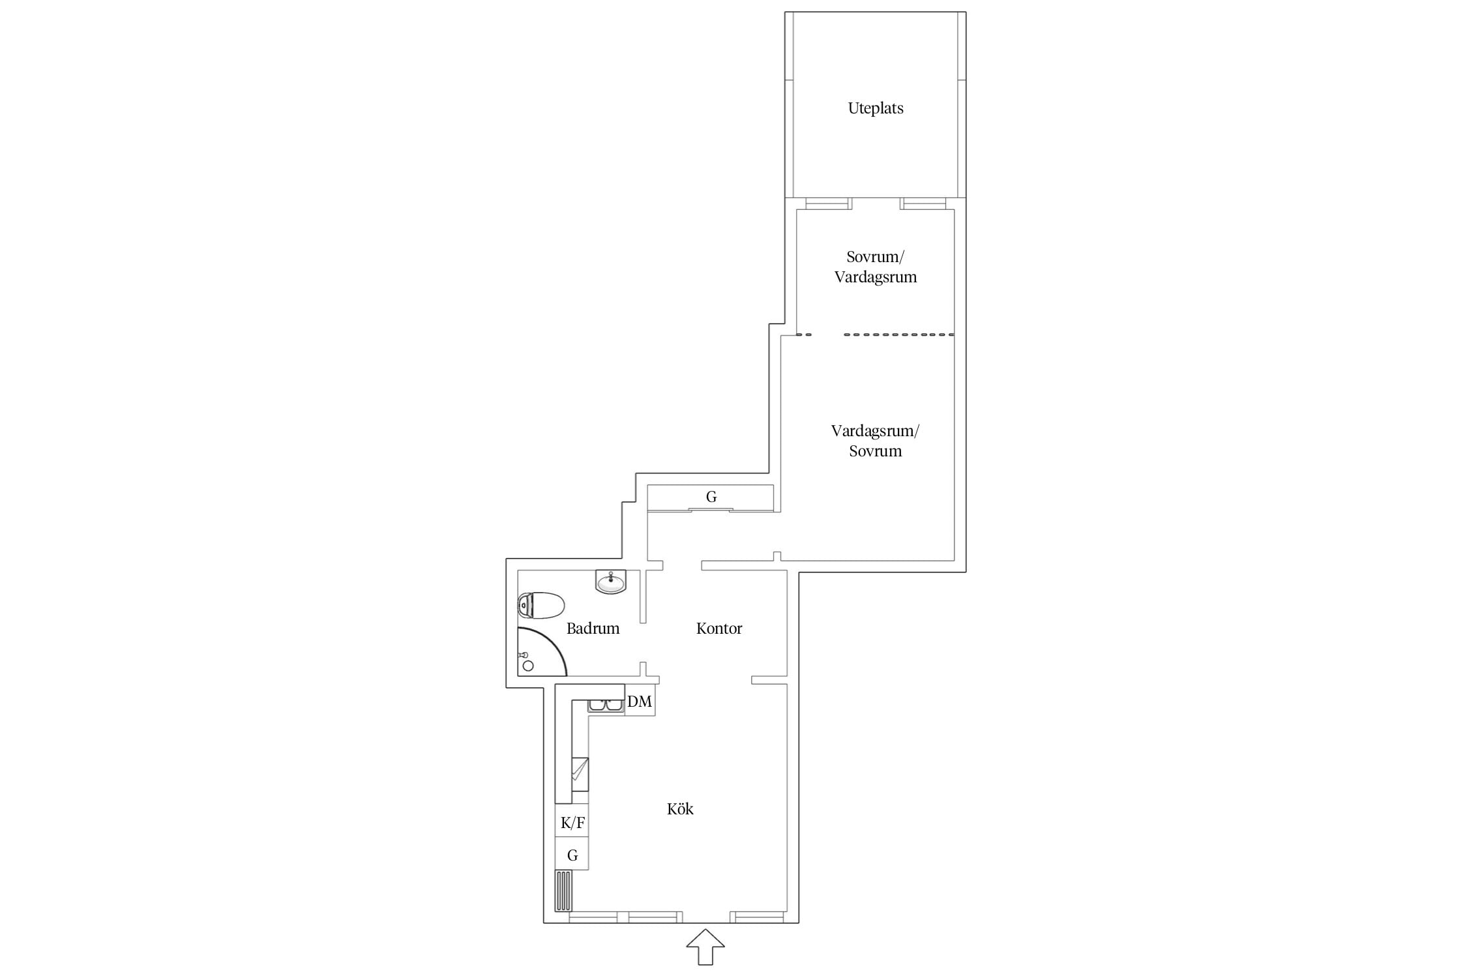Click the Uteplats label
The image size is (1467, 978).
875,108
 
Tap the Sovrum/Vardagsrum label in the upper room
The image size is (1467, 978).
875,267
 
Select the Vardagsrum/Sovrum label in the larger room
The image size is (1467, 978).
875,441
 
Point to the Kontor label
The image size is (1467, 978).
719,629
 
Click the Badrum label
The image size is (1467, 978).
593,629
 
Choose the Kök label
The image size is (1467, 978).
680,809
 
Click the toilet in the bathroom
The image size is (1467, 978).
541,605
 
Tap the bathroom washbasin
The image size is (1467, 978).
611,582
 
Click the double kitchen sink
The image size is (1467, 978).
606,705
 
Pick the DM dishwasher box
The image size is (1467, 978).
640,702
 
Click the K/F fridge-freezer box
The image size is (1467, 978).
572,823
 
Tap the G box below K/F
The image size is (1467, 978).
572,854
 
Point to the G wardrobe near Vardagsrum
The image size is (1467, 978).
711,497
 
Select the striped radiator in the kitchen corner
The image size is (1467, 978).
563,891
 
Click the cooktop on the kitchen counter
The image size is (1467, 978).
580,774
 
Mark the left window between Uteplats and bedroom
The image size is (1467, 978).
828,203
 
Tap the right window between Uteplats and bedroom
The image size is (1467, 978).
923,203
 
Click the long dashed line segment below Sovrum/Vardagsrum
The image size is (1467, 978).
899,334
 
